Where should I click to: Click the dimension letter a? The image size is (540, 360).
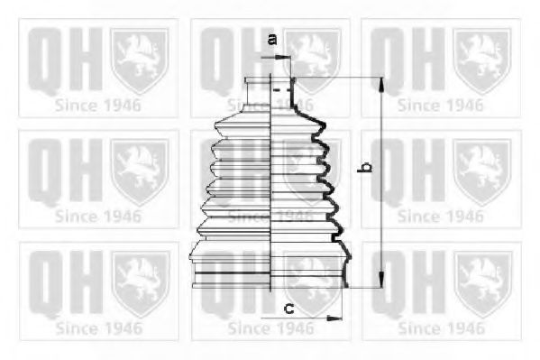coord(272,40)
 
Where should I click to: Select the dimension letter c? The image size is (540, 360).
coord(288,308)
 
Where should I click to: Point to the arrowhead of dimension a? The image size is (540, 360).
coord(285,58)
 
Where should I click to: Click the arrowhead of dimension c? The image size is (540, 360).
coord(334,318)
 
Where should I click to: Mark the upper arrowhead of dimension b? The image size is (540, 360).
coord(381,85)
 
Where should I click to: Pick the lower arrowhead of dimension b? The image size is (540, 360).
coord(381,280)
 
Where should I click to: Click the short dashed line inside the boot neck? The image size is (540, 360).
coord(281,90)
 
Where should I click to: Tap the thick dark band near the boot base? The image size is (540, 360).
coord(233,273)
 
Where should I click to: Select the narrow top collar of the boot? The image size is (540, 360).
coord(257,80)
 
